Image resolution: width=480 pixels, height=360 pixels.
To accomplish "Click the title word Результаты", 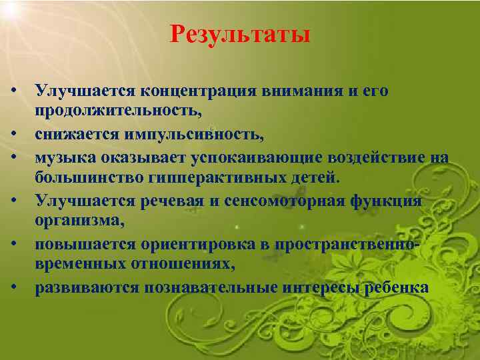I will tap(240, 33).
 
